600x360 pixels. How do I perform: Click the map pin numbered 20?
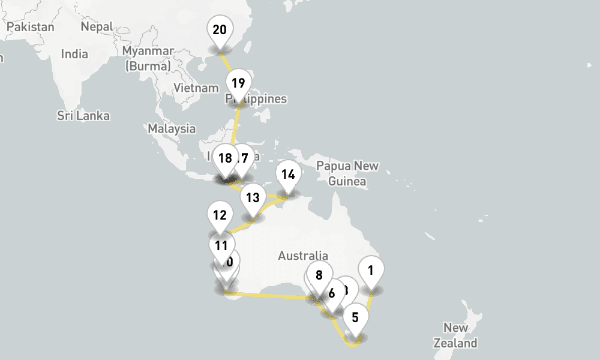[x=220, y=30]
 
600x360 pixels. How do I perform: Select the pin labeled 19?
[x=238, y=83]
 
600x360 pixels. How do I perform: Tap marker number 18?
[x=225, y=158]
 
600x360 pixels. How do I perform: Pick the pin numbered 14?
[x=288, y=175]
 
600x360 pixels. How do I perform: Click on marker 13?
[x=253, y=198]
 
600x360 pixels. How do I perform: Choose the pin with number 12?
[x=220, y=215]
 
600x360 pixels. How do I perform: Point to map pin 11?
[x=221, y=245]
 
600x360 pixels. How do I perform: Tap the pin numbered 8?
[x=319, y=275]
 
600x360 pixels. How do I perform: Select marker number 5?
[x=355, y=317]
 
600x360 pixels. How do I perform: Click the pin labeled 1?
[x=371, y=270]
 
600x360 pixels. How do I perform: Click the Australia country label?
[x=303, y=256]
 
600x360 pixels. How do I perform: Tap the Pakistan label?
[x=30, y=27]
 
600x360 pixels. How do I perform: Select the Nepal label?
[x=97, y=27]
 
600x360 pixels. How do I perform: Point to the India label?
[x=74, y=54]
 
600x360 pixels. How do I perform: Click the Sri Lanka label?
[x=83, y=115]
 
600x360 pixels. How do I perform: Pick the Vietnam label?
[x=196, y=88]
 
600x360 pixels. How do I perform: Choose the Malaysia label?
[x=172, y=128]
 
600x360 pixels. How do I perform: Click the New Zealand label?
[x=456, y=335]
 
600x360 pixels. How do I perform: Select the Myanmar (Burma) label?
[x=148, y=58]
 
